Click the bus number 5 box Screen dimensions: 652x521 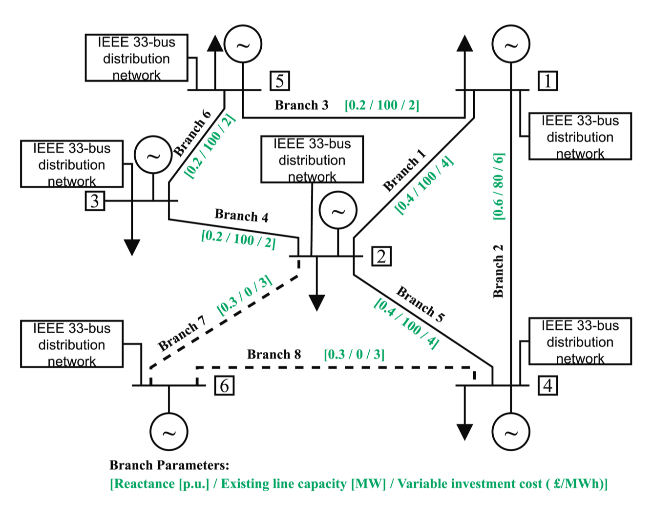pos(279,81)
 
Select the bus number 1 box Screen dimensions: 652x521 pos(547,81)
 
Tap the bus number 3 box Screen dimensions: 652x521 pos(95,200)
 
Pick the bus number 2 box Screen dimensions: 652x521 pos(381,257)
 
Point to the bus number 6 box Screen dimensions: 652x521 pos(224,385)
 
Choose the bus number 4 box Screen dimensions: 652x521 pos(547,385)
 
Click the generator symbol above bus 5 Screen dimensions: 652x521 pos(243,44)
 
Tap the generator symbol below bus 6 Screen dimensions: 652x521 pos(169,432)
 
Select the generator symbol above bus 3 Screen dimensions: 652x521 pos(153,155)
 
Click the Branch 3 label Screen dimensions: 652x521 pos(301,105)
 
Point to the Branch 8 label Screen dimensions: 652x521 pos(274,354)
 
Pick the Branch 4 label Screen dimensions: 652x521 pos(241,216)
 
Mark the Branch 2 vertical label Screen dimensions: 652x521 pos(498,271)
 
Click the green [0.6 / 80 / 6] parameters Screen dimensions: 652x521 pos(499,186)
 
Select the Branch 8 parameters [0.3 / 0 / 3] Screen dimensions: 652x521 pos(354,354)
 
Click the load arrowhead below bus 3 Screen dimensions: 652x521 pos(132,247)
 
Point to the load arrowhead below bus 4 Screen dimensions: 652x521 pos(464,432)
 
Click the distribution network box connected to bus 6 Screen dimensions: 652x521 pos(72,344)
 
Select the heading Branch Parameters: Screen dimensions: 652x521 pos(169,465)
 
